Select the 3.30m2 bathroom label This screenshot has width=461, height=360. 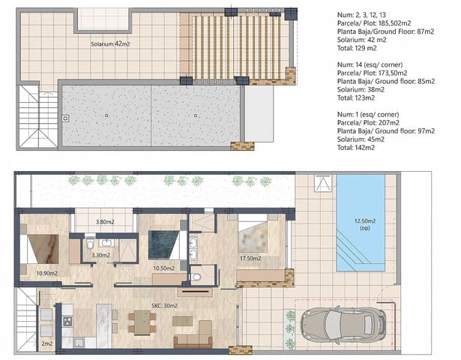click(x=101, y=256)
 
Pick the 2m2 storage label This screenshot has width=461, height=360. click(x=46, y=343)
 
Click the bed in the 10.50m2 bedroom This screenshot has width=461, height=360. click(x=163, y=243)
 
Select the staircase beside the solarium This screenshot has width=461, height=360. click(x=31, y=116)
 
